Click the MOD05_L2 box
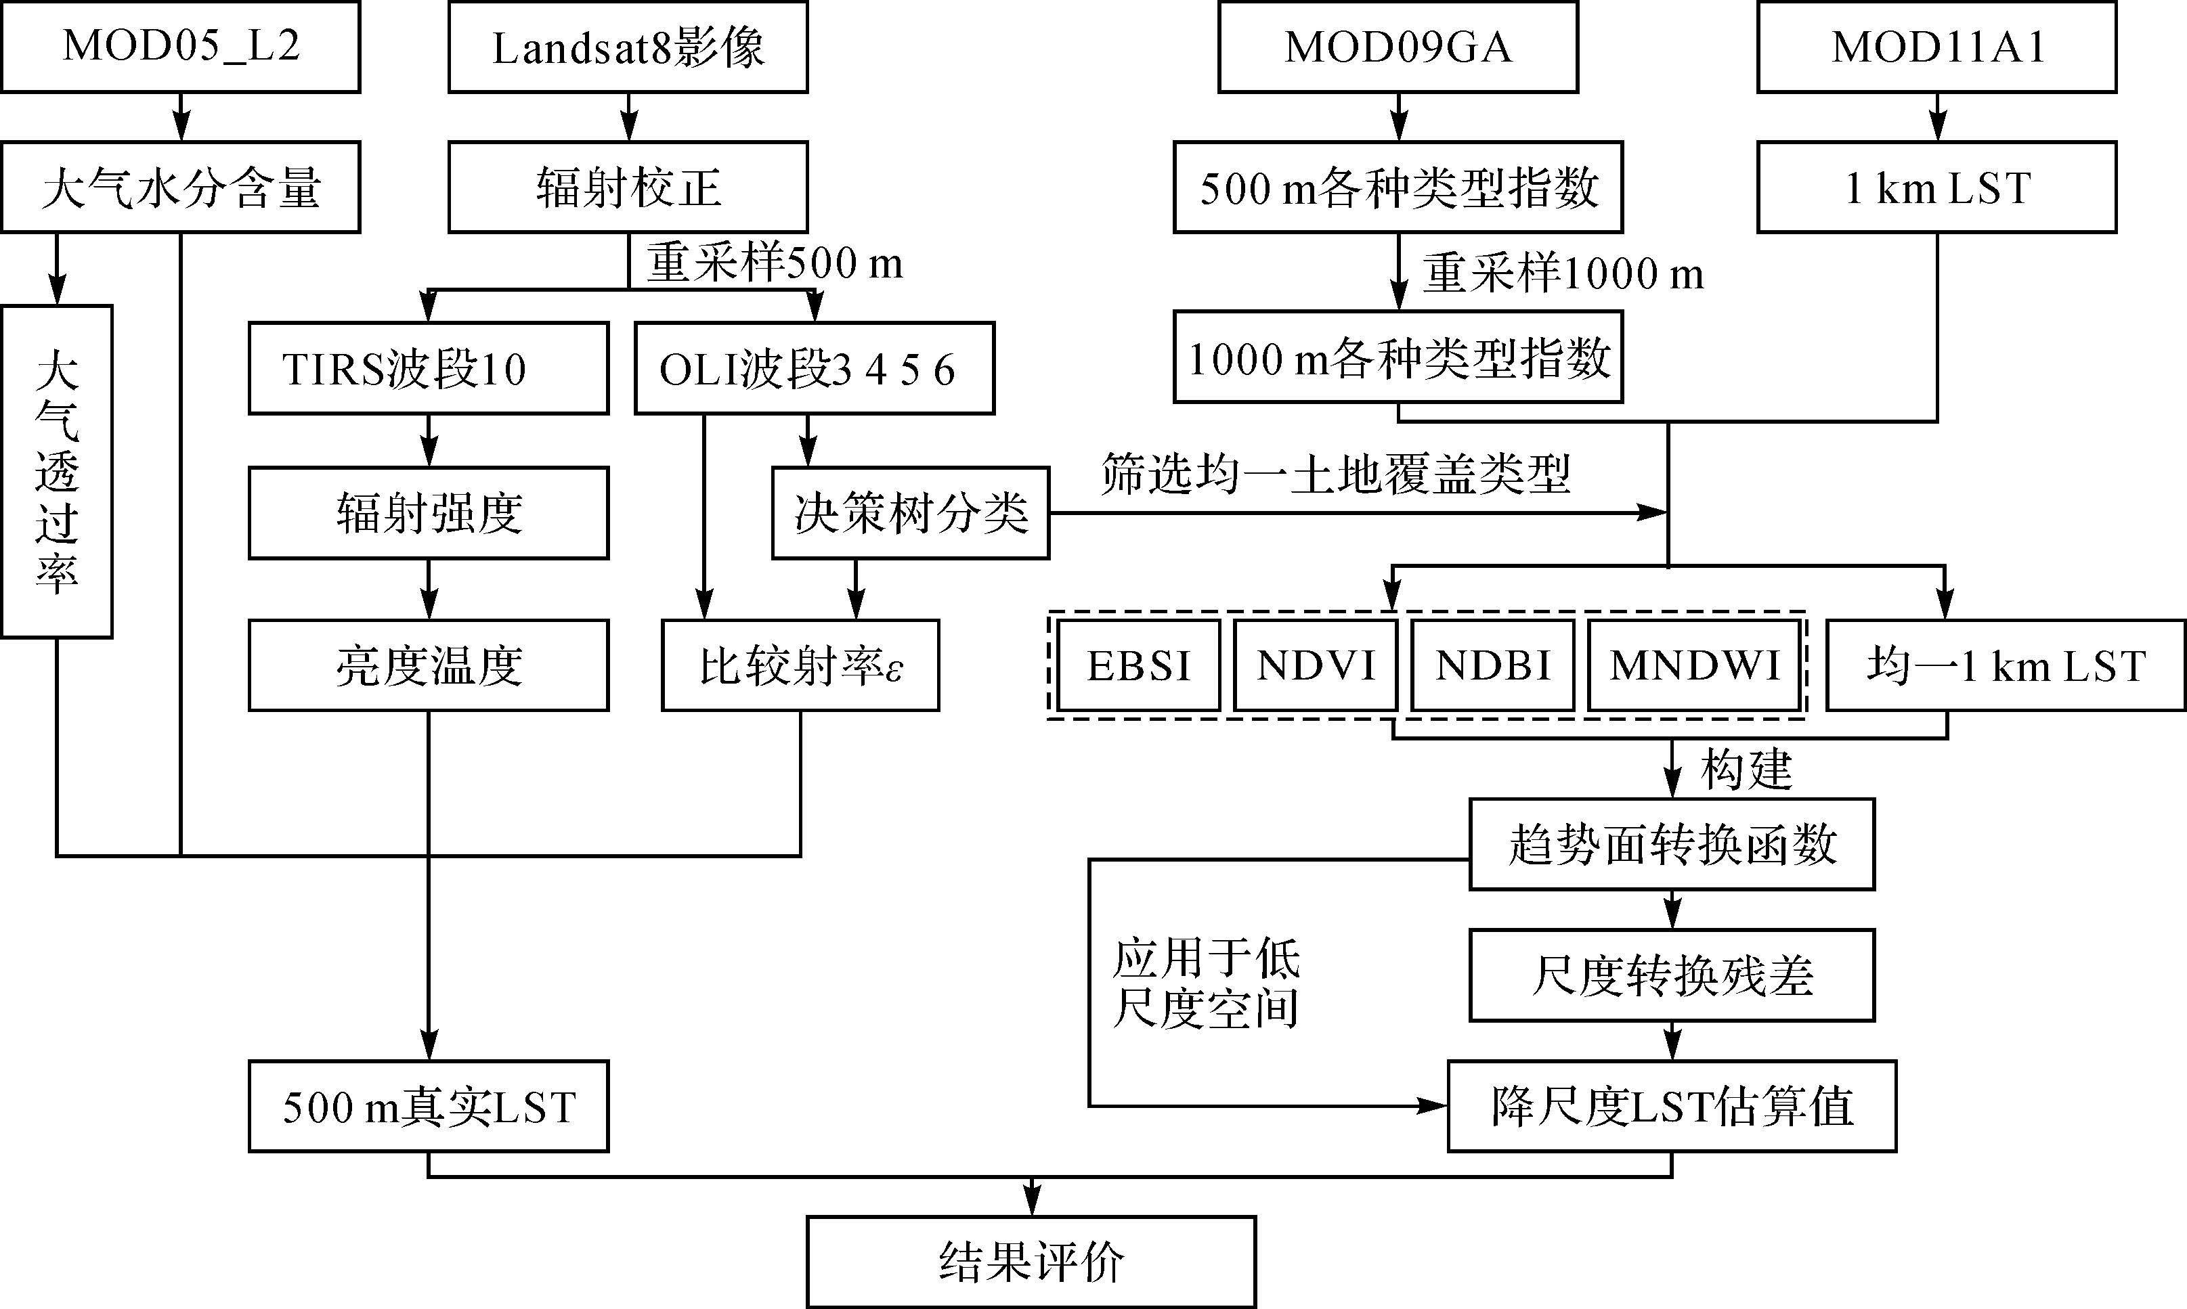click(181, 47)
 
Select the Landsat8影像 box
click(628, 47)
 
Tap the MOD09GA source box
click(1398, 47)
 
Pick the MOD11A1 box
click(1936, 47)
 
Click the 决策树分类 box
click(911, 512)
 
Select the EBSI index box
click(1138, 665)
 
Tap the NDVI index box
click(1316, 665)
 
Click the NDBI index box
click(1493, 665)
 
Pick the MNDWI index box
click(1694, 665)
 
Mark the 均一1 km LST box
click(2006, 665)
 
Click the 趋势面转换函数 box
click(1672, 844)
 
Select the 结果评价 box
click(1031, 1262)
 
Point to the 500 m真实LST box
click(429, 1106)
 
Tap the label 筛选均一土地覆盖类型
click(1335, 474)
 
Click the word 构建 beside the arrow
click(1747, 769)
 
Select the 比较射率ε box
click(800, 665)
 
